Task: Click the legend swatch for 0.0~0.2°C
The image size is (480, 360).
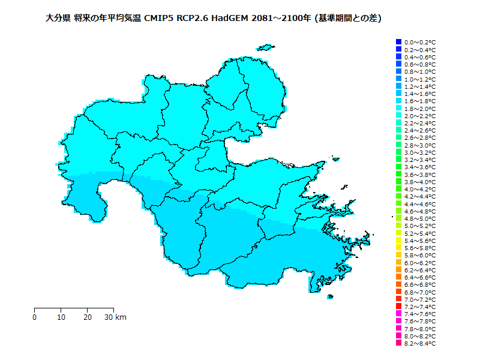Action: [x=398, y=42]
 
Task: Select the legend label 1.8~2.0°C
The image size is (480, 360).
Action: [x=419, y=109]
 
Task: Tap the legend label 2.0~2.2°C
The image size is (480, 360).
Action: [x=419, y=116]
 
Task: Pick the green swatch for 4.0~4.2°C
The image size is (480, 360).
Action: [x=398, y=189]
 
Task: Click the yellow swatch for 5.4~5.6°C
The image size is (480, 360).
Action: [x=398, y=241]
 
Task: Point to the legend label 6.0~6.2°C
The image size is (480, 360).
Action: [x=419, y=263]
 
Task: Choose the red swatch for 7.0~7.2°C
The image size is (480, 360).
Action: [x=398, y=299]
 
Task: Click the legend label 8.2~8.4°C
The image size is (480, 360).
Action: [x=419, y=344]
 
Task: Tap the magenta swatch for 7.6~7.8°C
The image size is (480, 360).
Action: [x=398, y=322]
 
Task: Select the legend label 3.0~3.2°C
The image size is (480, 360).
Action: [x=419, y=152]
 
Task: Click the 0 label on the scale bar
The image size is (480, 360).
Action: [x=35, y=317]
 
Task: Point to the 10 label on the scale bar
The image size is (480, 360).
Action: [x=61, y=317]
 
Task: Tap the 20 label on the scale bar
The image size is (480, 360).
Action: [x=88, y=317]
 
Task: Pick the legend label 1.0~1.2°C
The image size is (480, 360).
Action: [x=419, y=79]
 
